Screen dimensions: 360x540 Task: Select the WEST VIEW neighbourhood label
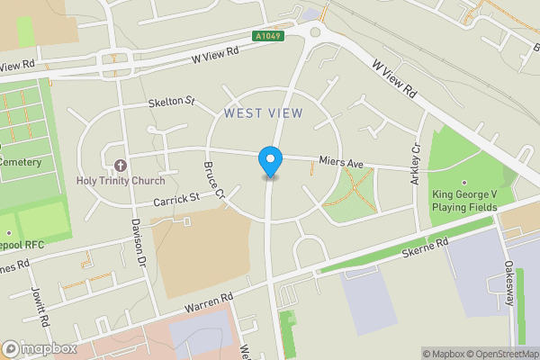tap(264, 112)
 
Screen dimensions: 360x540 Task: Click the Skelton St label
tap(172, 103)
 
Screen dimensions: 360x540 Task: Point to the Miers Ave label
tap(340, 164)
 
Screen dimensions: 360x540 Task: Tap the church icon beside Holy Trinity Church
tap(121, 165)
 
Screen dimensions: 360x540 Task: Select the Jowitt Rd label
tap(40, 307)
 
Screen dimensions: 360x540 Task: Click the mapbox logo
tap(39, 348)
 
